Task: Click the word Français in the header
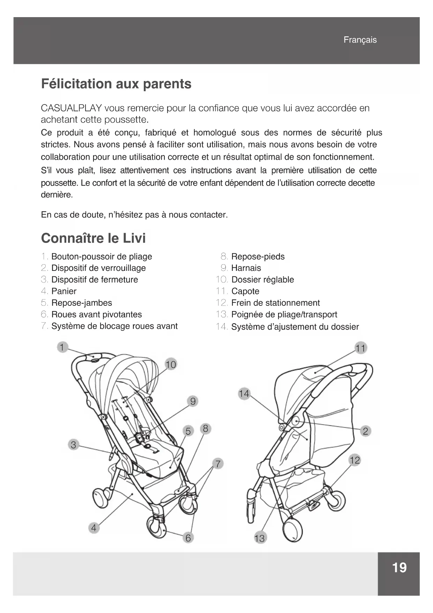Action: coord(360,40)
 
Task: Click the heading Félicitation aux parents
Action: coord(116,84)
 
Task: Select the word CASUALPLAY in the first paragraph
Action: coord(71,108)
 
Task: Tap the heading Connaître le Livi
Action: coord(93,238)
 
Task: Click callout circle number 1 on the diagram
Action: coord(62,347)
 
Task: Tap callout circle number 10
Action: coord(171,365)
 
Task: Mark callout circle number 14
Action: coord(244,394)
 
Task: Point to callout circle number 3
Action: coord(73,445)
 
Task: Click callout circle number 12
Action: coord(354,460)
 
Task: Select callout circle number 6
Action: coord(188,538)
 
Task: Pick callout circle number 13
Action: coord(259,538)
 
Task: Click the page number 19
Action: coord(399,568)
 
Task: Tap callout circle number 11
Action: coord(360,348)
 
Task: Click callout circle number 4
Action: coord(94,528)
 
